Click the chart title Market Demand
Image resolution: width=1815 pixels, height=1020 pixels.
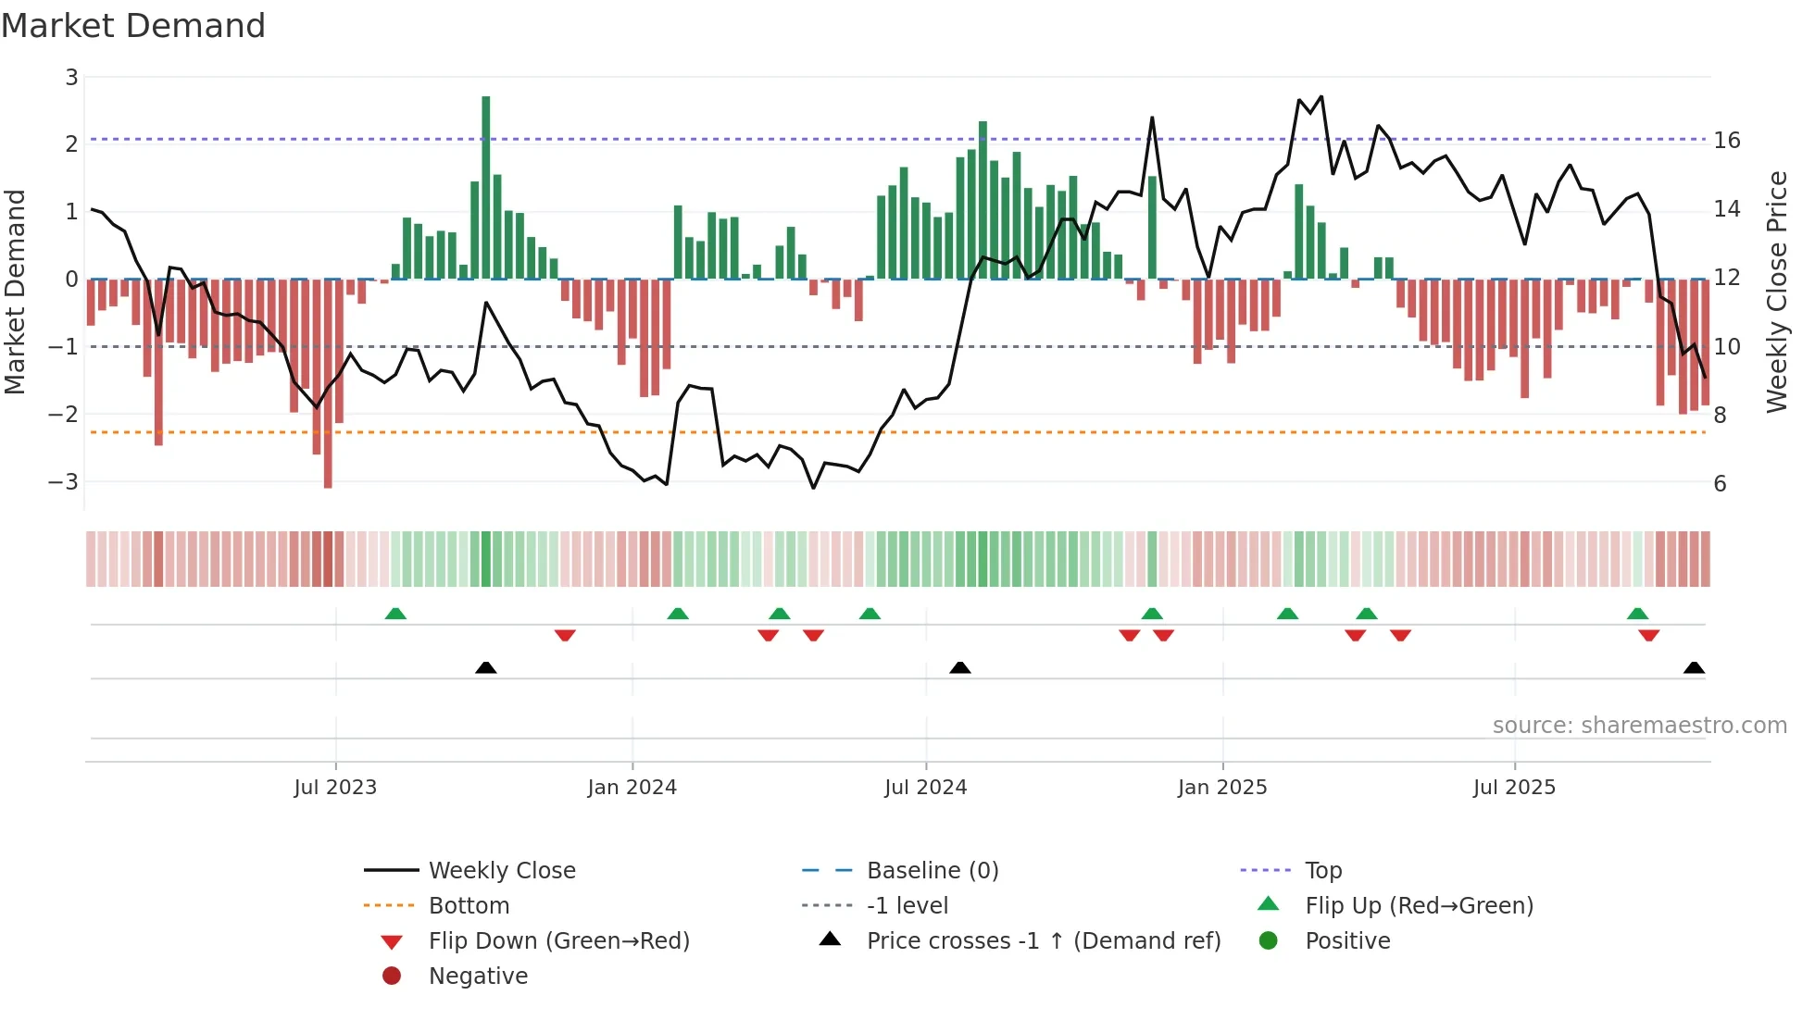[133, 26]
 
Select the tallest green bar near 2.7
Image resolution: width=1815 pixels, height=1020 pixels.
[486, 185]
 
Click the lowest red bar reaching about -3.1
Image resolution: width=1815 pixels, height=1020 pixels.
[328, 384]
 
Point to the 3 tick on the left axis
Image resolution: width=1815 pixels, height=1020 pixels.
[71, 77]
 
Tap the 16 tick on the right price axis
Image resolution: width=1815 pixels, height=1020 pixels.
[1727, 141]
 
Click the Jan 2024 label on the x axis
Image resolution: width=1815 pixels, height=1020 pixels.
[632, 788]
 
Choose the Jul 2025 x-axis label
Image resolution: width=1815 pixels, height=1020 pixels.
[1514, 788]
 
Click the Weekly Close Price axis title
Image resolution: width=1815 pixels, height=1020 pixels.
[1776, 292]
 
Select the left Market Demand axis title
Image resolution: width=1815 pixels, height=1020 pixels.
[16, 292]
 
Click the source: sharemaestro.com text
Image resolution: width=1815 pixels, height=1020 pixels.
[1639, 726]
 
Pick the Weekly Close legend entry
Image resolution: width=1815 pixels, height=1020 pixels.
[501, 871]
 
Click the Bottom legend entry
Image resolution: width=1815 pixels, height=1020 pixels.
[469, 906]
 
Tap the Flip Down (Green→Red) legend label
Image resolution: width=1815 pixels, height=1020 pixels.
[558, 941]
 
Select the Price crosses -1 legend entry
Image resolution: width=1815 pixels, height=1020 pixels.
[1043, 941]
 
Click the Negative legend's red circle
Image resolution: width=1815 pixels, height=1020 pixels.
[392, 976]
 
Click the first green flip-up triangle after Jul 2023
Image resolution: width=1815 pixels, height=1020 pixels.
[395, 614]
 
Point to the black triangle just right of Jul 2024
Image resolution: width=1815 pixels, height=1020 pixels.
[960, 667]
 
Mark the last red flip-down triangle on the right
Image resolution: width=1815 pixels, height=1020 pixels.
[1648, 635]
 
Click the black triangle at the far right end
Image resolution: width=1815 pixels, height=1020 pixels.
[1694, 667]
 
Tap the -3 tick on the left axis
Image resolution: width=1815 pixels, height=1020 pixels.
[64, 482]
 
